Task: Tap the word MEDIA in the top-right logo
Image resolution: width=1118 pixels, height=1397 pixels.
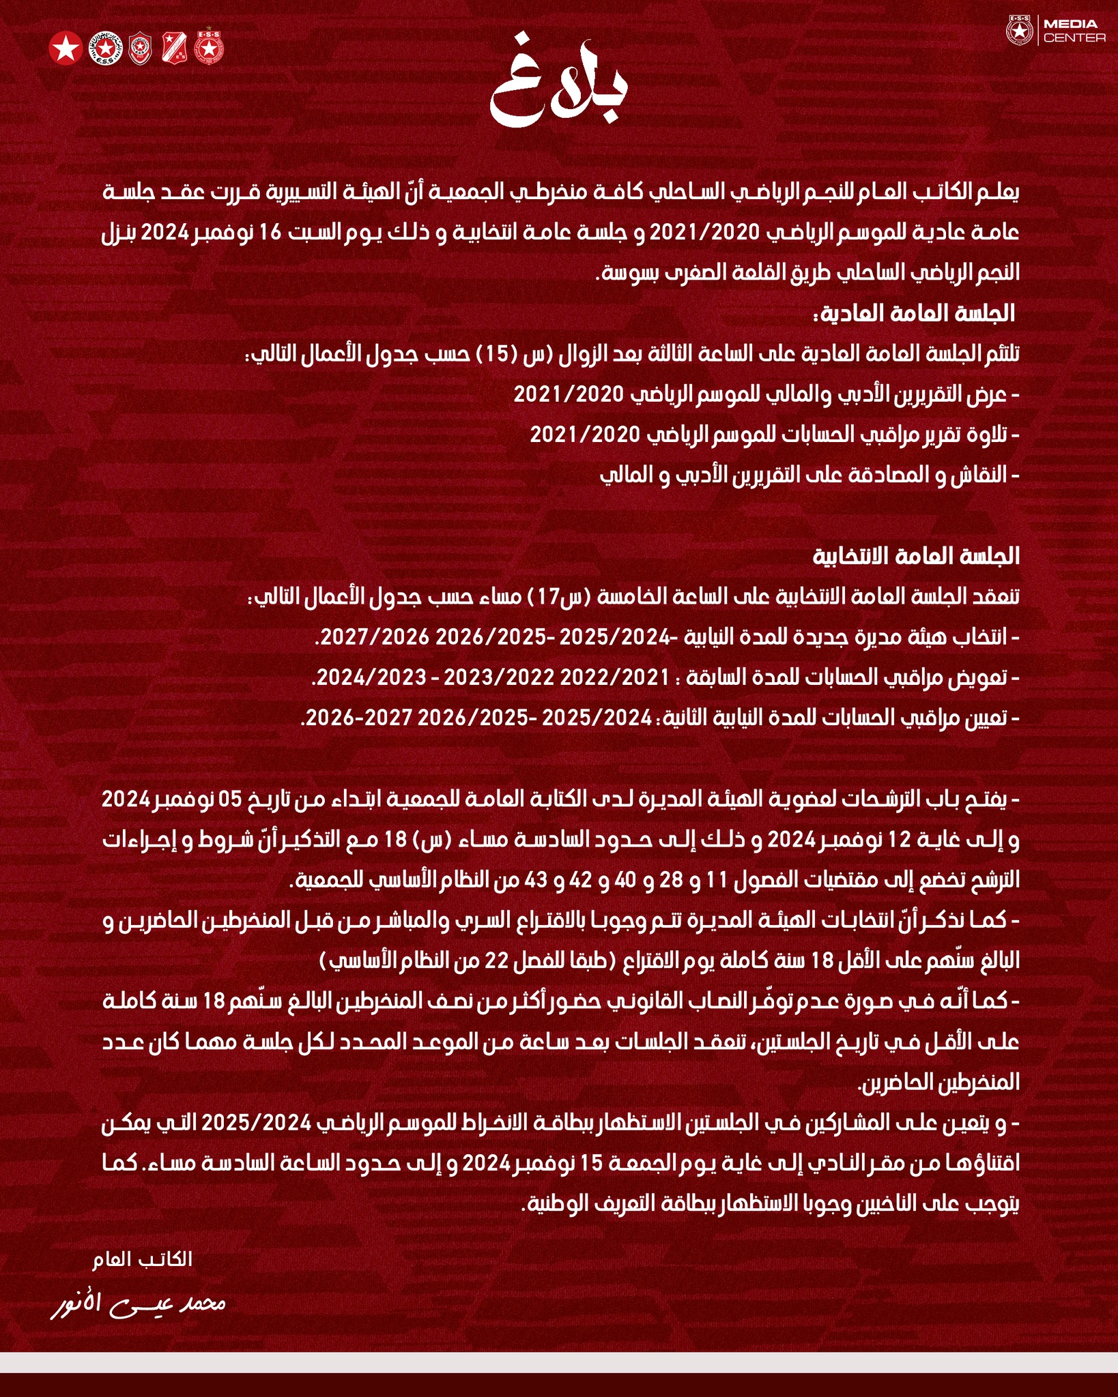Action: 1075,25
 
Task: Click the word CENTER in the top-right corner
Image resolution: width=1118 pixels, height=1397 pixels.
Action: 1075,38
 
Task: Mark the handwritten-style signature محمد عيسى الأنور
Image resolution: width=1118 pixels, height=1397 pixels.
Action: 139,1304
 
